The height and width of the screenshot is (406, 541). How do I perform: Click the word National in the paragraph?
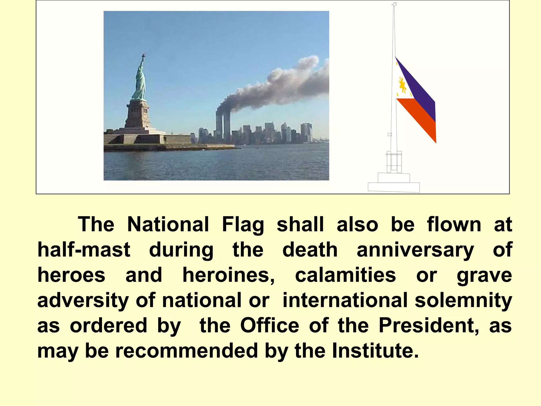168,224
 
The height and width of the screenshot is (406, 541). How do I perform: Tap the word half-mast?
84,250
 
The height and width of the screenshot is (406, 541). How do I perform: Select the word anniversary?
415,250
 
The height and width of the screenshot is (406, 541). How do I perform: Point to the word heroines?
229,275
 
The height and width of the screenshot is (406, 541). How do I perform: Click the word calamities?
346,275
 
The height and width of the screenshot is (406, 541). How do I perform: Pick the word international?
345,300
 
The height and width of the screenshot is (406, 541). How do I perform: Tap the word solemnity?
463,300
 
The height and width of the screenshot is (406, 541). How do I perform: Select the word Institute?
375,350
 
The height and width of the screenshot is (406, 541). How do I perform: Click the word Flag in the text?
243,224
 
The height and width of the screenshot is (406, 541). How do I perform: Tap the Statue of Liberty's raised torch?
144,55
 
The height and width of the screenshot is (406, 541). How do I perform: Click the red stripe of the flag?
420,119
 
